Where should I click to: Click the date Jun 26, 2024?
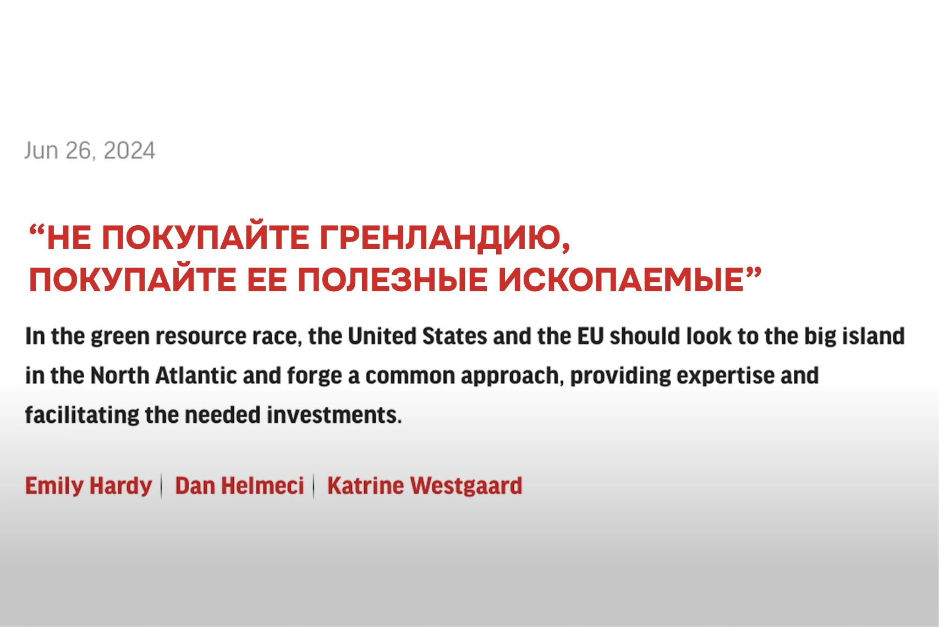click(x=90, y=151)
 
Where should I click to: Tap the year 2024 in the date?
click(x=129, y=150)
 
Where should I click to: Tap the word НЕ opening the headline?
click(x=69, y=238)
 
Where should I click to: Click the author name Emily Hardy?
click(x=89, y=486)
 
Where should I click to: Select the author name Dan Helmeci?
click(x=239, y=486)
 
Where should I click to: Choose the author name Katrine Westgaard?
click(x=425, y=486)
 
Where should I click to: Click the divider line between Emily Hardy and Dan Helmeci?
click(x=162, y=486)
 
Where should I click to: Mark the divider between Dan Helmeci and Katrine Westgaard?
click(x=314, y=486)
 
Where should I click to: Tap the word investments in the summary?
click(x=334, y=415)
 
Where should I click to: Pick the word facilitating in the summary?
click(x=82, y=415)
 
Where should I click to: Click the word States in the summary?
click(x=455, y=336)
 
